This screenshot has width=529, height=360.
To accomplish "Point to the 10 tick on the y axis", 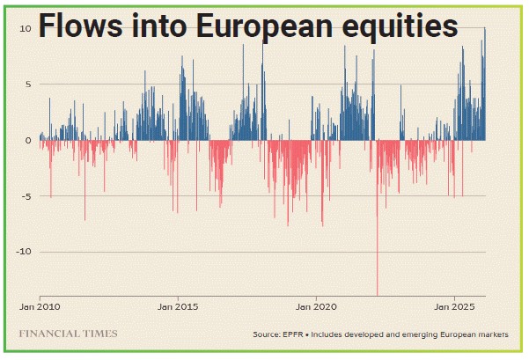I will (26, 28).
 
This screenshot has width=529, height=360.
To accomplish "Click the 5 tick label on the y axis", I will (28, 84).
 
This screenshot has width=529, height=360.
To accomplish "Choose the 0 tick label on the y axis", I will (28, 140).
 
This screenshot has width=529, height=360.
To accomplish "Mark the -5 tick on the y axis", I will (26, 195).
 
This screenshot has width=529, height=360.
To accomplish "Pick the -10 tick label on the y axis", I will (25, 252).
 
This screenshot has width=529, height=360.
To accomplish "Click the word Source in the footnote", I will (265, 335).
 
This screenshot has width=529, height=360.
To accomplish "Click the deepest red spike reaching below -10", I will (377, 290).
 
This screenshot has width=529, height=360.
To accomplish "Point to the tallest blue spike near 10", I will (484, 31).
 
